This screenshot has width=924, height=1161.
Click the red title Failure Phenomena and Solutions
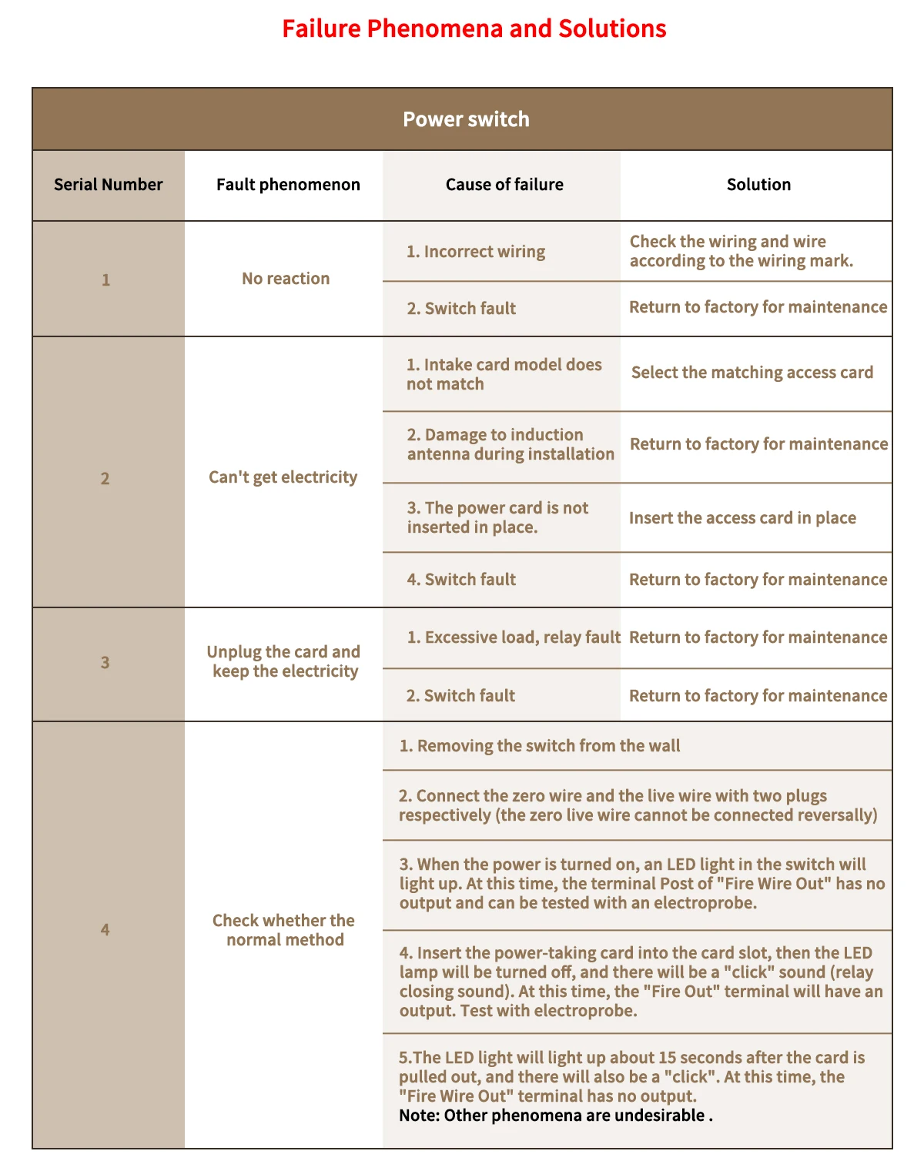click(x=474, y=29)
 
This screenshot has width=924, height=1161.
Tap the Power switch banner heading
click(x=466, y=119)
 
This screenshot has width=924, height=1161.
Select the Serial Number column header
click(x=108, y=185)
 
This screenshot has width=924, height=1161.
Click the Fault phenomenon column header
click(x=288, y=185)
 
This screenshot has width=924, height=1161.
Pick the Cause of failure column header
click(x=504, y=185)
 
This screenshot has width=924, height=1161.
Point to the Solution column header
click(x=758, y=185)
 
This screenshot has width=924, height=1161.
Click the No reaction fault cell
click(x=286, y=279)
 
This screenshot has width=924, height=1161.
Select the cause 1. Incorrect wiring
click(x=476, y=252)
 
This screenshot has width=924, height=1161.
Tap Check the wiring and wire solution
click(x=741, y=251)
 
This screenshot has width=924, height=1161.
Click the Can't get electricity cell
click(x=283, y=477)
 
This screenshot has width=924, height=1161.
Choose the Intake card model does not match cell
click(x=504, y=374)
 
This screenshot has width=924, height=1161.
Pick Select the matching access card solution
click(x=752, y=373)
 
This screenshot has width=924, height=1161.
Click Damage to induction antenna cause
click(x=510, y=444)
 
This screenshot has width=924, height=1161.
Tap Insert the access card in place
click(x=742, y=518)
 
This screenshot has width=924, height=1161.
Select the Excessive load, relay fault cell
click(x=513, y=637)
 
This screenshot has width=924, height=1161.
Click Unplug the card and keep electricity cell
click(x=283, y=661)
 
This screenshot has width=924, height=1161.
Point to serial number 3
click(x=105, y=663)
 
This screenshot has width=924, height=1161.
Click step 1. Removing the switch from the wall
click(x=540, y=746)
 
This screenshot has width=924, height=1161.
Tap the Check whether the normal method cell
click(x=284, y=930)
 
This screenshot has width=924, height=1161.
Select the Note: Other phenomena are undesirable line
click(x=555, y=1116)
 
